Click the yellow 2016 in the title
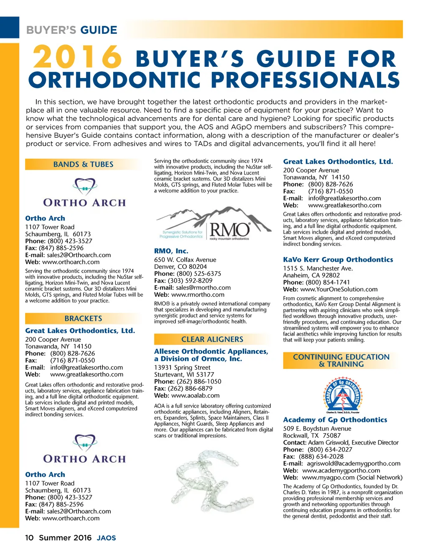click(77, 57)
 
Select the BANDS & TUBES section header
click(83, 164)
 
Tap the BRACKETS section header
click(83, 318)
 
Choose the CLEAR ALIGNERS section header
click(212, 339)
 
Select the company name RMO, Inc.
click(171, 251)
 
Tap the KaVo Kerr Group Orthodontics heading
click(338, 260)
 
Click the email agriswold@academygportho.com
click(354, 463)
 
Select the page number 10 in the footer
click(29, 538)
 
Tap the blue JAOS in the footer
click(106, 538)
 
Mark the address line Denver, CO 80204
click(180, 267)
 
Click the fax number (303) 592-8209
click(190, 280)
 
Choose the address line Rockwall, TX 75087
click(312, 435)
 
